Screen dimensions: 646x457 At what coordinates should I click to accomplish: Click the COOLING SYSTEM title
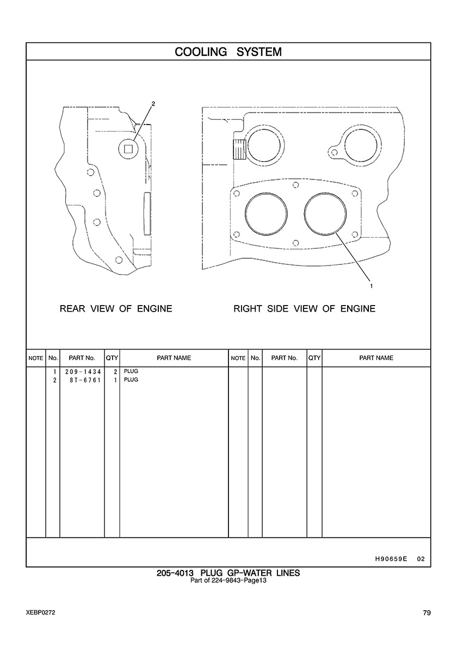pos(228,52)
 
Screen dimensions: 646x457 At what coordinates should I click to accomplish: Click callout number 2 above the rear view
pos(153,104)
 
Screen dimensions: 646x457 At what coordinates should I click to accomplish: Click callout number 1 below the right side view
pos(371,285)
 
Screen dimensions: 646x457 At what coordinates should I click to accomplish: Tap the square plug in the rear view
pos(128,147)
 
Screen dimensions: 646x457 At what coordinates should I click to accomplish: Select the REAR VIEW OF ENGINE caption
pos(115,309)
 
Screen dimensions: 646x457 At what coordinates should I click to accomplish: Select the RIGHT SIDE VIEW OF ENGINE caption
pos(304,309)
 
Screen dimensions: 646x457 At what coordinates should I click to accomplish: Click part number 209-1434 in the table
pos(82,372)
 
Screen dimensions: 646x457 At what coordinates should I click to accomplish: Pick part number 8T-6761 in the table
pos(82,380)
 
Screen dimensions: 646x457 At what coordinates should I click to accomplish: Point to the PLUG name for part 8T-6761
pos(131,380)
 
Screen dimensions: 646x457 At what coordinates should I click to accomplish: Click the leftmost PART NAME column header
pos(174,358)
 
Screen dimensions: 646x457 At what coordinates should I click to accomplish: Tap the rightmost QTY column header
pos(314,358)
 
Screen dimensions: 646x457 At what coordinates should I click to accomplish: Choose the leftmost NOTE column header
pos(35,358)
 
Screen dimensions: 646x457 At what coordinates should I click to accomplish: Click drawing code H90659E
pos(391,558)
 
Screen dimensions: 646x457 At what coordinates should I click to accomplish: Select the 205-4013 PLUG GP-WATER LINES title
pos(228,573)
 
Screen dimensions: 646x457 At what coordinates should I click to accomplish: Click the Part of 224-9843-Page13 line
pos(228,580)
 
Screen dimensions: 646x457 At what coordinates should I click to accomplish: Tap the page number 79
pos(427,613)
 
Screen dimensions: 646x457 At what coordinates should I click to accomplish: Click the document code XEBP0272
pos(40,613)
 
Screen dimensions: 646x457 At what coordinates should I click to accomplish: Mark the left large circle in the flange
pos(265,214)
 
